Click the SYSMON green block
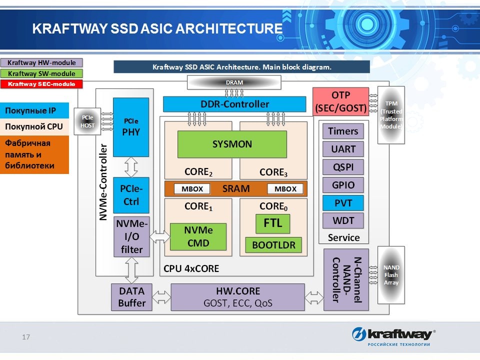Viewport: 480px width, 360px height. (x=232, y=144)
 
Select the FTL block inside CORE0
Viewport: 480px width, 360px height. (x=272, y=223)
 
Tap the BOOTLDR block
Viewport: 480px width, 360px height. (x=273, y=245)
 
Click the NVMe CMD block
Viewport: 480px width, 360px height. (x=198, y=236)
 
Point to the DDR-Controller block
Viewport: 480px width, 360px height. (x=234, y=104)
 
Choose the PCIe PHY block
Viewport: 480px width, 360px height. (x=131, y=127)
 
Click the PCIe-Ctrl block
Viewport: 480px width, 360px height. (x=131, y=195)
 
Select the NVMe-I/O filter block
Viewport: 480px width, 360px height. (x=131, y=237)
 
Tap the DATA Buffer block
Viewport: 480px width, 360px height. (x=131, y=297)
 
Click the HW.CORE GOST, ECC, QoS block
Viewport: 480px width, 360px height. (x=237, y=297)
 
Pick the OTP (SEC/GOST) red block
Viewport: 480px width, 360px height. (x=340, y=101)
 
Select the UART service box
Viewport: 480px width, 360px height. (x=343, y=149)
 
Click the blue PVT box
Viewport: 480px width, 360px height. (x=343, y=203)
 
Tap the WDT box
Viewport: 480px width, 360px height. (x=343, y=220)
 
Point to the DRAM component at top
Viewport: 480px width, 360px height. (x=234, y=82)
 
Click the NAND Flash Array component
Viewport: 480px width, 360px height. (x=391, y=275)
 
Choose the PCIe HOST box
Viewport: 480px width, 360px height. (x=87, y=121)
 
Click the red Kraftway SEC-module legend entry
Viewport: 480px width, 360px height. (x=41, y=84)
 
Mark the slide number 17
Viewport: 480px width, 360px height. (x=26, y=337)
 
